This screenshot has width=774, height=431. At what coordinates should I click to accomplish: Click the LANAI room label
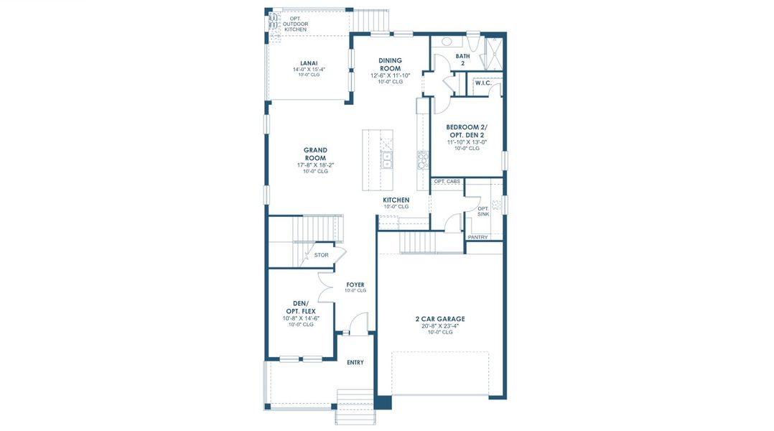[x=309, y=62]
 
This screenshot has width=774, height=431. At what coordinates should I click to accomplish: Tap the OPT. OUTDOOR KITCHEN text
[x=294, y=24]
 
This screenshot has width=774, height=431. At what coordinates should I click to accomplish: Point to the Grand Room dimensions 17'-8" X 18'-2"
[x=314, y=164]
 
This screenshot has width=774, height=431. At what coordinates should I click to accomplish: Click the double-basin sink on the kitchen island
[x=387, y=158]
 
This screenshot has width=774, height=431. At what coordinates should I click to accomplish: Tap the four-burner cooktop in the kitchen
[x=423, y=159]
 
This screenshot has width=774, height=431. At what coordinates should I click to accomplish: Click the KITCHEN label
[x=396, y=200]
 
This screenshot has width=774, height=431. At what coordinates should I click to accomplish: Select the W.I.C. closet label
[x=483, y=83]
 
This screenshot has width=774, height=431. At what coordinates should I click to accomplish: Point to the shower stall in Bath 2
[x=494, y=51]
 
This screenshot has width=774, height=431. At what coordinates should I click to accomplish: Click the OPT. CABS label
[x=447, y=182]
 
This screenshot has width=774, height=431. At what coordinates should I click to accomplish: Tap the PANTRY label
[x=477, y=237]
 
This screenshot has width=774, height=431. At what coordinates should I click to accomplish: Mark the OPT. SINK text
[x=483, y=211]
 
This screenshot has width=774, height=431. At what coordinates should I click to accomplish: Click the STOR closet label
[x=321, y=254]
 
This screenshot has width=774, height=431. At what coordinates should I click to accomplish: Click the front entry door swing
[x=359, y=323]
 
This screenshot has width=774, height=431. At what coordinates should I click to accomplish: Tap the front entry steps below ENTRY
[x=355, y=399]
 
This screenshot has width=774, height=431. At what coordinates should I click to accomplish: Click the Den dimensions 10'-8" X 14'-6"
[x=300, y=318]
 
